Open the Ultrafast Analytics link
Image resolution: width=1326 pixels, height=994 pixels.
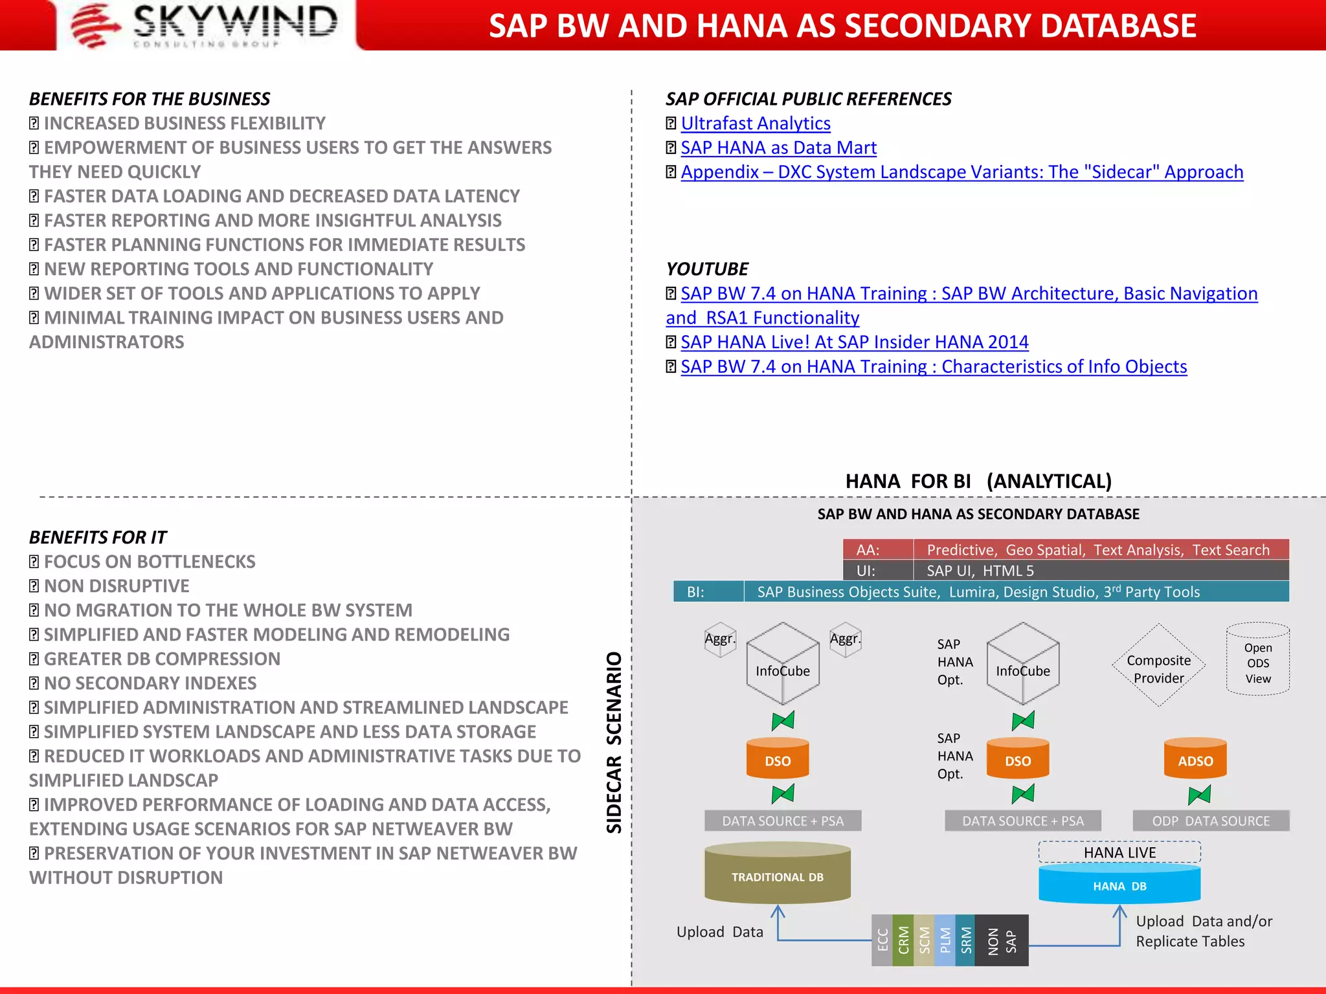pos(755,124)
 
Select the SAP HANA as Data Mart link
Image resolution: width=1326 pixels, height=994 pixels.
pos(778,148)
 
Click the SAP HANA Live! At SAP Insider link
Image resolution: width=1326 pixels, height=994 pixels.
pos(854,342)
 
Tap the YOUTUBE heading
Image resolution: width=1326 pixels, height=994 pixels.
pos(707,269)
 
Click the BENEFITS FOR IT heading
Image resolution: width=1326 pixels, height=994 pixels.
pos(98,538)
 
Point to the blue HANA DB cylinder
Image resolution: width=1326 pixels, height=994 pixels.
pos(1119,885)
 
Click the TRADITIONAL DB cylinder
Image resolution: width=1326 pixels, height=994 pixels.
pos(777,876)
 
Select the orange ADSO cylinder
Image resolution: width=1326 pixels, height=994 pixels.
pos(1195,760)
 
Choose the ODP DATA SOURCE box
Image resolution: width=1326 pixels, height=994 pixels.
pos(1210,821)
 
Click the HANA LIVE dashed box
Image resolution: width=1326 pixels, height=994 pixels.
pos(1119,852)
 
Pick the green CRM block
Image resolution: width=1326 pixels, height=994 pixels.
pos(903,940)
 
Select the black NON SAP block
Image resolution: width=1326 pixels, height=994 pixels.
pos(1001,940)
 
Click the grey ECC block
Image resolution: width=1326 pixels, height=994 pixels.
pos(882,940)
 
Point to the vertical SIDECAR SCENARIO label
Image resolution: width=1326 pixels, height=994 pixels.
pos(613,742)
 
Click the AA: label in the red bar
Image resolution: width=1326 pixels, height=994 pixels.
pos(868,550)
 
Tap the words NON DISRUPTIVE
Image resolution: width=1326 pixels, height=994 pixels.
pos(117,586)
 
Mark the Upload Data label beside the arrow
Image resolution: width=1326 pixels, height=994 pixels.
pos(719,932)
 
